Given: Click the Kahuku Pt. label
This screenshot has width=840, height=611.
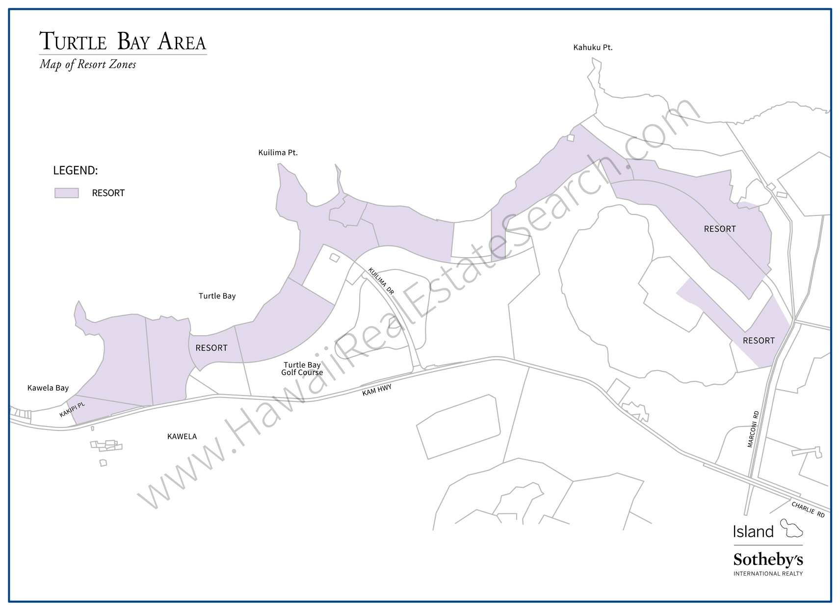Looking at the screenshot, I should coord(593,48).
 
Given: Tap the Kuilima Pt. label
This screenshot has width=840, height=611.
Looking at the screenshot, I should coord(278,153).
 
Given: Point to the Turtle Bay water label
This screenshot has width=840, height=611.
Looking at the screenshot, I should coord(217,296).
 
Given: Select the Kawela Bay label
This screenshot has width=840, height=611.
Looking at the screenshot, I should coord(48,388).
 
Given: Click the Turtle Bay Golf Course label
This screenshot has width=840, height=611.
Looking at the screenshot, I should coord(302,369).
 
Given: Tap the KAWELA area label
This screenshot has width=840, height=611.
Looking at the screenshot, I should coord(182,436).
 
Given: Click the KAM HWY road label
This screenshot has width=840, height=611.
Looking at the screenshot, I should coord(377,390).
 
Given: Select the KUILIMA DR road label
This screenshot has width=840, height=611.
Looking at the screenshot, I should coord(381,281).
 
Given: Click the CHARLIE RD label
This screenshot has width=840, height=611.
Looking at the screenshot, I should coord(808,509).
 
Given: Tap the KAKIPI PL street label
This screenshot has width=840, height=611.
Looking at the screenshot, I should coord(72,410).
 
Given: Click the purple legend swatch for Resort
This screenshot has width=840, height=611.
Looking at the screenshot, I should coord(67,193).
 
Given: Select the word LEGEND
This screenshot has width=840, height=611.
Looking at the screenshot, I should coord(76,170).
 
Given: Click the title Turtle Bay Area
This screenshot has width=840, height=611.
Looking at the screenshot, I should coord(123,41).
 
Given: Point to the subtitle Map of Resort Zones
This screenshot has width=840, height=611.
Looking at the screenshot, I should coord(88,64).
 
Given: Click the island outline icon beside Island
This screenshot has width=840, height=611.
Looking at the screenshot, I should coord(791,528).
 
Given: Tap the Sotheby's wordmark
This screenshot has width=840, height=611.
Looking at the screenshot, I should coord(768,559).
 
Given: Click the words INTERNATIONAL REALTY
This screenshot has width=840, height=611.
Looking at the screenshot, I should coord(768,573).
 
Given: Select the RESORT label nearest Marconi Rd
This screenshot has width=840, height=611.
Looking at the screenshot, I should coord(759,341).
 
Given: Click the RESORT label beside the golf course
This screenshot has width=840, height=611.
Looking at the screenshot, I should coord(211,348).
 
